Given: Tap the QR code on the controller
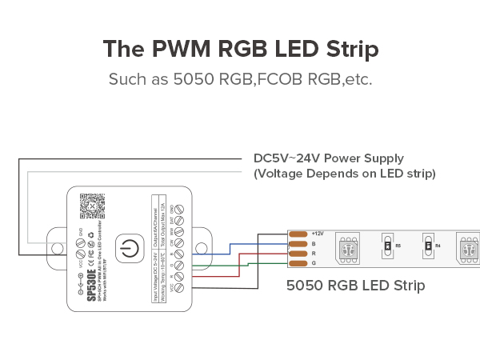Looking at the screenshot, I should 93,206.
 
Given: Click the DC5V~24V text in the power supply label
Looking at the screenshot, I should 284,158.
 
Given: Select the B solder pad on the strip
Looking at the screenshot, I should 298,243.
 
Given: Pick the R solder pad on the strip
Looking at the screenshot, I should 298,253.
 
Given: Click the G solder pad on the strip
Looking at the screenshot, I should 298,263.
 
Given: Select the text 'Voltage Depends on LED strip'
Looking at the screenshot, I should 344,174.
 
